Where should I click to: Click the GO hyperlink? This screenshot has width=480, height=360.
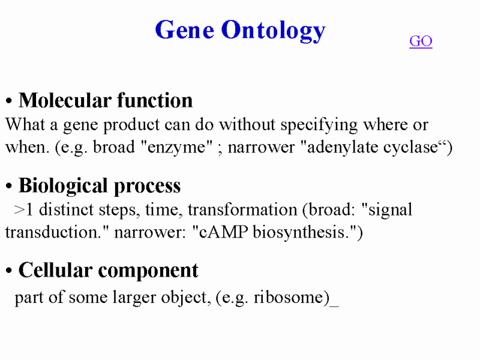(421, 41)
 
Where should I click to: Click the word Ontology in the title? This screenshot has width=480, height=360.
(274, 31)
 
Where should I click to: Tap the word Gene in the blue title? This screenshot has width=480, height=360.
(185, 30)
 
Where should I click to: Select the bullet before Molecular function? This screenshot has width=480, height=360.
(8, 101)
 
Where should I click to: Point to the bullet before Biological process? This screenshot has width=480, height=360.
(8, 186)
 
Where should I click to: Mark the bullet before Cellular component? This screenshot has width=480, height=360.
(8, 271)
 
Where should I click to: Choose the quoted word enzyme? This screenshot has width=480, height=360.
(176, 147)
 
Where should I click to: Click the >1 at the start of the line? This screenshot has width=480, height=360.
(23, 210)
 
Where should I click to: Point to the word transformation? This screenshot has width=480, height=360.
(242, 210)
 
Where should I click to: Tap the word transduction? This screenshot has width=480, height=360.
(51, 232)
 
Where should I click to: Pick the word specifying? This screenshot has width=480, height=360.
(319, 125)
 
